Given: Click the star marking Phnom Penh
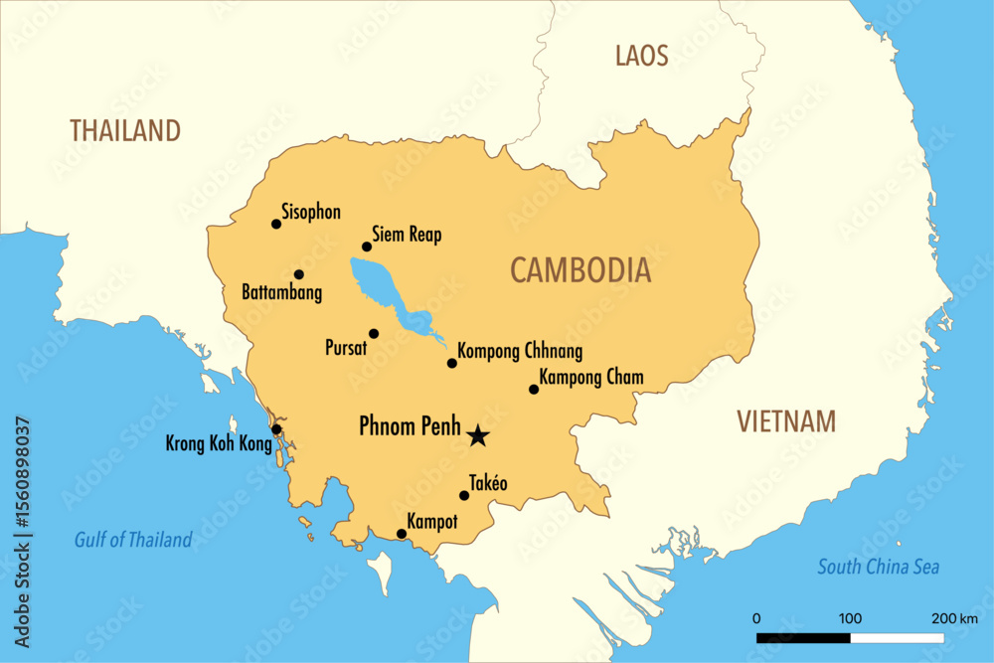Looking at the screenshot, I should pyautogui.click(x=478, y=434).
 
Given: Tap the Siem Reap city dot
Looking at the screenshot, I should pyautogui.click(x=367, y=247).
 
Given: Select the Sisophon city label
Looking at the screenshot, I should pyautogui.click(x=311, y=212).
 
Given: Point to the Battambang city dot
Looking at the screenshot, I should pyautogui.click(x=299, y=274).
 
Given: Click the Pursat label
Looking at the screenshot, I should pyautogui.click(x=347, y=349).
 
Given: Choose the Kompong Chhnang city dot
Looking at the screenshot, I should pyautogui.click(x=452, y=363).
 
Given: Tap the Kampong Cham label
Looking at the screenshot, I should pyautogui.click(x=590, y=378).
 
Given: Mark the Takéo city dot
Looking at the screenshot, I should pyautogui.click(x=464, y=495).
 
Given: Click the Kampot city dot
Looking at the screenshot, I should pyautogui.click(x=402, y=534).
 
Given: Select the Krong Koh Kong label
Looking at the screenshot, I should pyautogui.click(x=218, y=444).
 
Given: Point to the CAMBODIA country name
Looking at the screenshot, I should pyautogui.click(x=580, y=270).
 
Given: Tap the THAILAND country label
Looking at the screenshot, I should pyautogui.click(x=125, y=130).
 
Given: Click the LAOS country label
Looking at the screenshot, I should pyautogui.click(x=642, y=56).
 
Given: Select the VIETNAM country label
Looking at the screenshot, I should pyautogui.click(x=786, y=421).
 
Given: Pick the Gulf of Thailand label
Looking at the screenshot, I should pyautogui.click(x=133, y=541).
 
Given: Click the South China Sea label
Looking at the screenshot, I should pyautogui.click(x=878, y=568).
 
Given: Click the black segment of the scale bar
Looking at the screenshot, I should pyautogui.click(x=802, y=637).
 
